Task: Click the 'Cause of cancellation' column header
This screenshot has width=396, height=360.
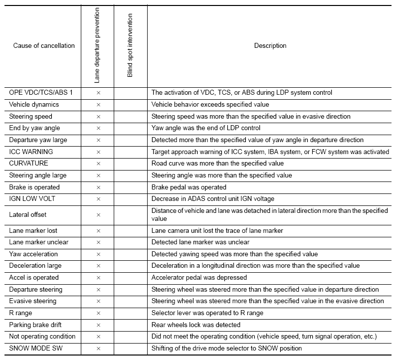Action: [44, 46]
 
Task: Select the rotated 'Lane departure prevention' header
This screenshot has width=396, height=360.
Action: [97, 45]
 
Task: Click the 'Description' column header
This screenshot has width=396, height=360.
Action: [270, 46]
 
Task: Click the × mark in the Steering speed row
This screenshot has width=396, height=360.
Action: [98, 117]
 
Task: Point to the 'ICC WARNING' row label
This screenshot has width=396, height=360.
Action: [31, 152]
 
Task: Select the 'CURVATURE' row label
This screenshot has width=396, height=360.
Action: [28, 164]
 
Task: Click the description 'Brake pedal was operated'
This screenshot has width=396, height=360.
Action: [189, 187]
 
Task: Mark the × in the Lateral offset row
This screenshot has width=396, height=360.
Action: [98, 215]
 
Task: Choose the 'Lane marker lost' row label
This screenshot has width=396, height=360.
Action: [33, 231]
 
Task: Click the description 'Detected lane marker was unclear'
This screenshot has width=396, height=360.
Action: [200, 242]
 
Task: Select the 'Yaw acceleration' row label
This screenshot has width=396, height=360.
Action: [33, 254]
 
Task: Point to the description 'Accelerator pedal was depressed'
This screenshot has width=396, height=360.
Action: [199, 278]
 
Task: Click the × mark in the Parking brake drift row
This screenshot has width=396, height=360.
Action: [98, 325]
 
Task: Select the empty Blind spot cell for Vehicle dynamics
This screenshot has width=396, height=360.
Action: [131, 105]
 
